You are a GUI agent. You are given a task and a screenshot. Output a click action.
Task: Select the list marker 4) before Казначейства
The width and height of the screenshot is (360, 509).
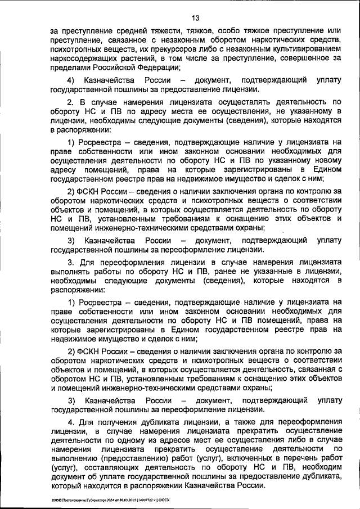(x=71, y=80)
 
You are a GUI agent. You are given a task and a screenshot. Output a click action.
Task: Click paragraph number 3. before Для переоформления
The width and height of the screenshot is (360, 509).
(x=71, y=262)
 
